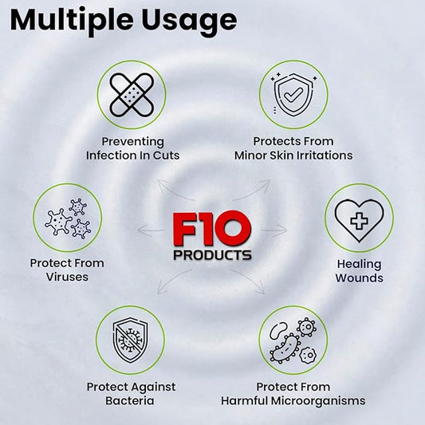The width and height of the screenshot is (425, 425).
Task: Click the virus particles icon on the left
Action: click(x=67, y=218)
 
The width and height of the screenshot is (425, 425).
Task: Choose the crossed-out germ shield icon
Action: click(x=130, y=340)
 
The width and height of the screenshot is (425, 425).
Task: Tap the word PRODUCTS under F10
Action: click(x=213, y=256)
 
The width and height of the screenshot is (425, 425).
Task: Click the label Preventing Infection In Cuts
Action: click(x=133, y=148)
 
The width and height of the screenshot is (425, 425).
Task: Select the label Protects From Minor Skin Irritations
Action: click(x=293, y=148)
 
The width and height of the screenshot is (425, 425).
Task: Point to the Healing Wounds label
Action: click(x=359, y=271)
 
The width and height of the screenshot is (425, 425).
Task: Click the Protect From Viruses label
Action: click(x=67, y=270)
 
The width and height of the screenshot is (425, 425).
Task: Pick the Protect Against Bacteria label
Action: click(x=130, y=393)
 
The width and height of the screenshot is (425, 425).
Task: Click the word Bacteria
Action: click(x=130, y=400)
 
